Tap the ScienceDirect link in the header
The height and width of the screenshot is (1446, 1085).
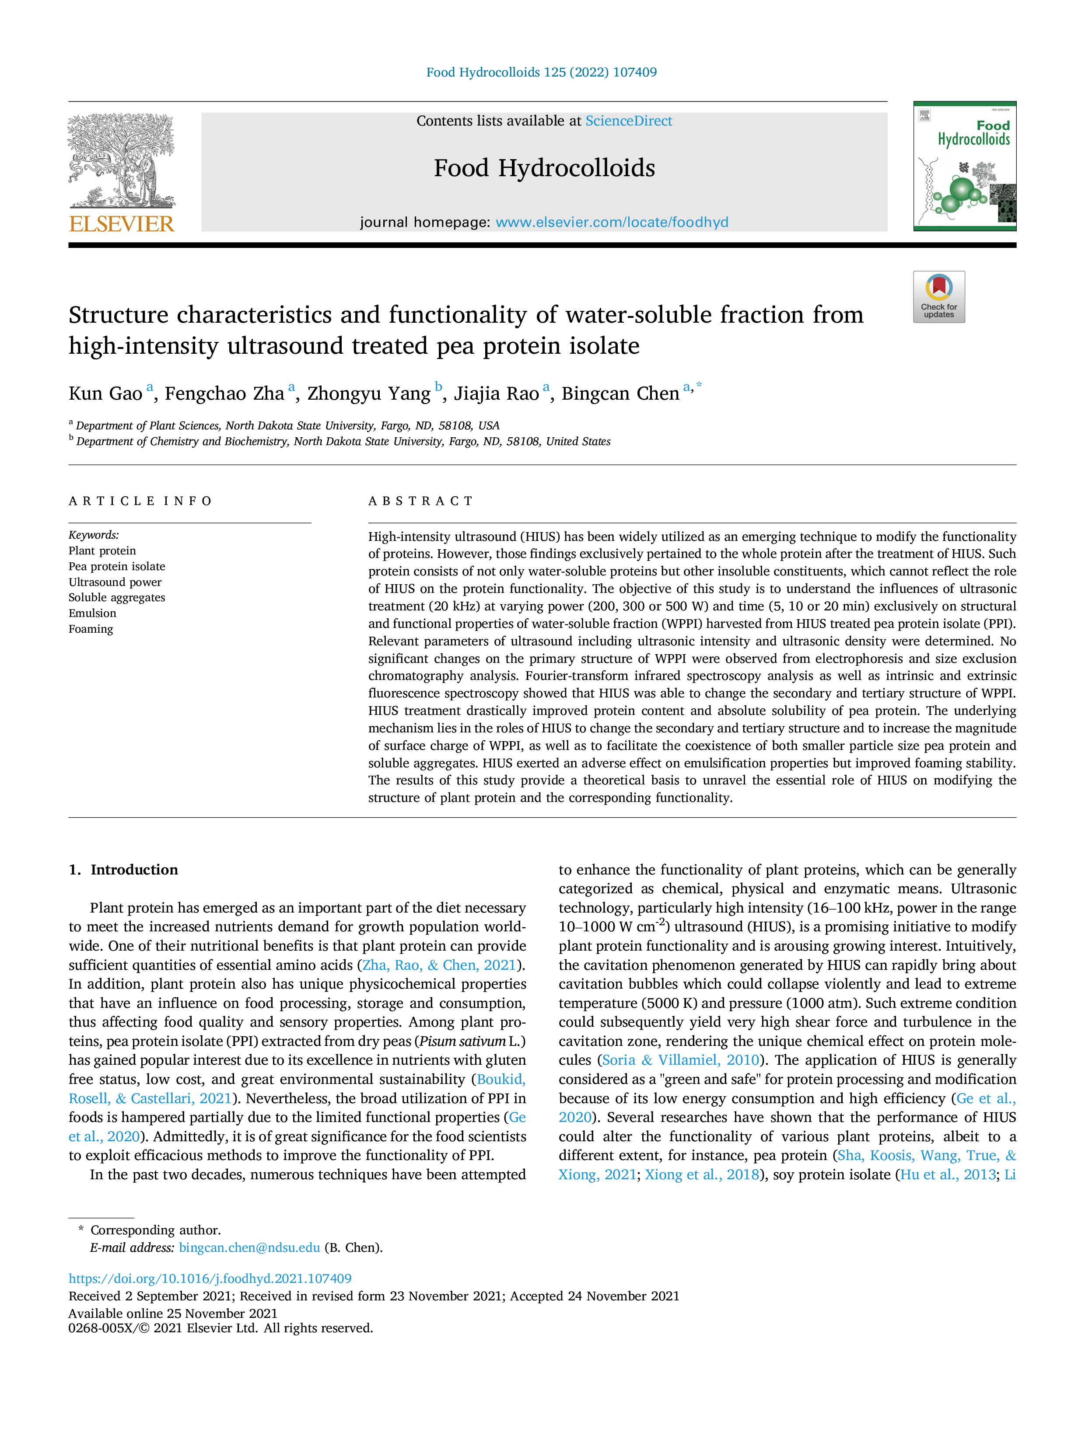point(629,121)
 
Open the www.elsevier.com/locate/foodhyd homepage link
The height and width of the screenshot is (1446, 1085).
point(612,222)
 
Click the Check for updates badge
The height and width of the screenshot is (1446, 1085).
point(938,297)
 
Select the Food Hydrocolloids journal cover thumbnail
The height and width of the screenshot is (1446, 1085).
point(965,166)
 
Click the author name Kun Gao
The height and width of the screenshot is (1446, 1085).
point(105,394)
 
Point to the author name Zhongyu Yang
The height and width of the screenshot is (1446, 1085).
point(369,394)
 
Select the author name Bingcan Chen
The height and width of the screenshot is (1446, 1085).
point(621,394)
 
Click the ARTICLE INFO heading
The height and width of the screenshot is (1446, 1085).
point(140,502)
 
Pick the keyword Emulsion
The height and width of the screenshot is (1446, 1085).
point(92,613)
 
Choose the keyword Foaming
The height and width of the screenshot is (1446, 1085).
point(91,629)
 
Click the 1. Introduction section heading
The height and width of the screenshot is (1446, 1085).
point(124,869)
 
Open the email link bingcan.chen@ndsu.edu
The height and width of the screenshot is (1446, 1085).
point(250,1247)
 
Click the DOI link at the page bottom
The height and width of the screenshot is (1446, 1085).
point(210,1279)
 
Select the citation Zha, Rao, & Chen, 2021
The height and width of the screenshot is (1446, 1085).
point(440,965)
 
